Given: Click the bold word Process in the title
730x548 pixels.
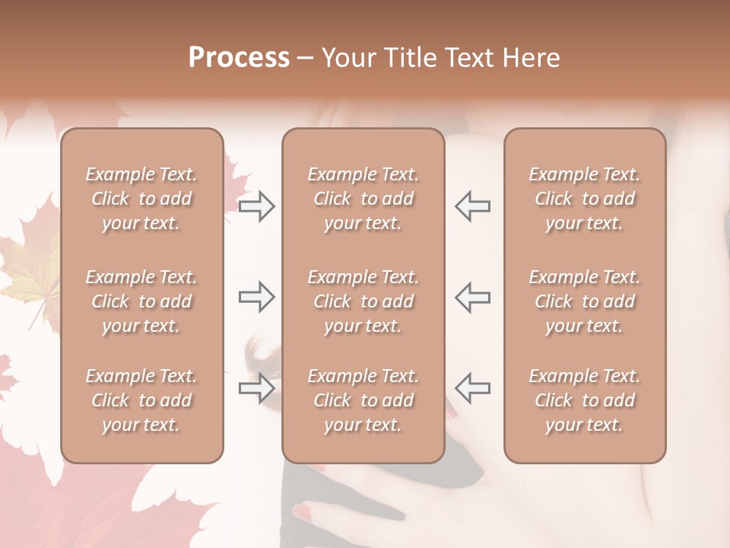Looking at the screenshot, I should point(239,58).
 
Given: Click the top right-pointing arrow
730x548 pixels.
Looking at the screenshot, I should point(257,206).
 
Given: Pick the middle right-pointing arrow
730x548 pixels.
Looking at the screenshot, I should point(257,297).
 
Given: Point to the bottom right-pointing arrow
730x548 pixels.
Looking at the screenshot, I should point(257,388).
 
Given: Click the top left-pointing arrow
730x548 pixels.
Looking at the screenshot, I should point(472,206).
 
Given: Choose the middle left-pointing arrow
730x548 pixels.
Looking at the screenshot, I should point(472,297).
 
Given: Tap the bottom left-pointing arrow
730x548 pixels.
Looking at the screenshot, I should point(472,388).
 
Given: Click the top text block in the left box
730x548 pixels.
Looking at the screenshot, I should point(141,199).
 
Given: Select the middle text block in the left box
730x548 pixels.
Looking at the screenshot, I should point(141,301).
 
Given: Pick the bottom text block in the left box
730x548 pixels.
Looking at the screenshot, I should point(141,400).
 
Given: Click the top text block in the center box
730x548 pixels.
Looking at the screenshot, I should point(363,199).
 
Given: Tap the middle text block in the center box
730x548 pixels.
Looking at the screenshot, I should point(363,301).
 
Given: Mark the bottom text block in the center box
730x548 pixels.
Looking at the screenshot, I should point(363,400).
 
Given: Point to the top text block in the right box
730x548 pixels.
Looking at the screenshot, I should point(584,199).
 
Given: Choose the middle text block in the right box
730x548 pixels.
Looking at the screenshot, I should point(584,301).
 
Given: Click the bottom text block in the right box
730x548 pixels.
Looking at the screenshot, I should point(584,400).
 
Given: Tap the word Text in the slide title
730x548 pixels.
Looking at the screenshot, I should point(469,58).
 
